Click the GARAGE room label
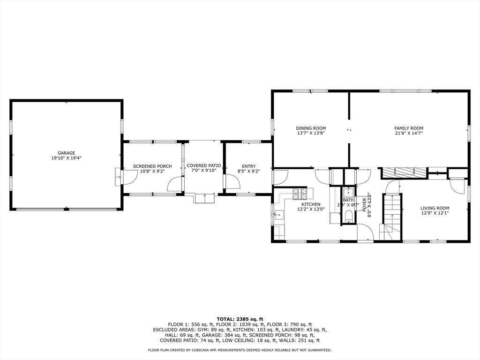(66, 153)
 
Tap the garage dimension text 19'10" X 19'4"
(66, 158)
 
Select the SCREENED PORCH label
(152, 166)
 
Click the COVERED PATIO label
(203, 165)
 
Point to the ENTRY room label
(248, 166)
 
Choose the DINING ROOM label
(310, 128)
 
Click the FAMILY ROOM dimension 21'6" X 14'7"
(408, 133)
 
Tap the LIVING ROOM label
(435, 208)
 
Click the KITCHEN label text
(310, 204)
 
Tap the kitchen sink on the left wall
(278, 216)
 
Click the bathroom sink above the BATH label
(348, 192)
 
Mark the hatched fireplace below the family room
(404, 173)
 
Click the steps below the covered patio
(204, 198)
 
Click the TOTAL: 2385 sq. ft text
(240, 319)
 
